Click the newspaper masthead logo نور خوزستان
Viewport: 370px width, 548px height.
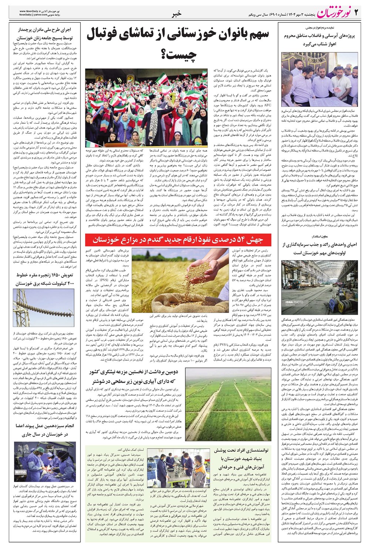(333, 14)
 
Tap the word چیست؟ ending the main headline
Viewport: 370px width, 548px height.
(179, 54)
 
